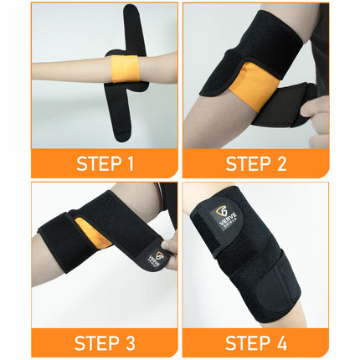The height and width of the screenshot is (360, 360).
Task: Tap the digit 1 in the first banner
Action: (131, 162)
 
